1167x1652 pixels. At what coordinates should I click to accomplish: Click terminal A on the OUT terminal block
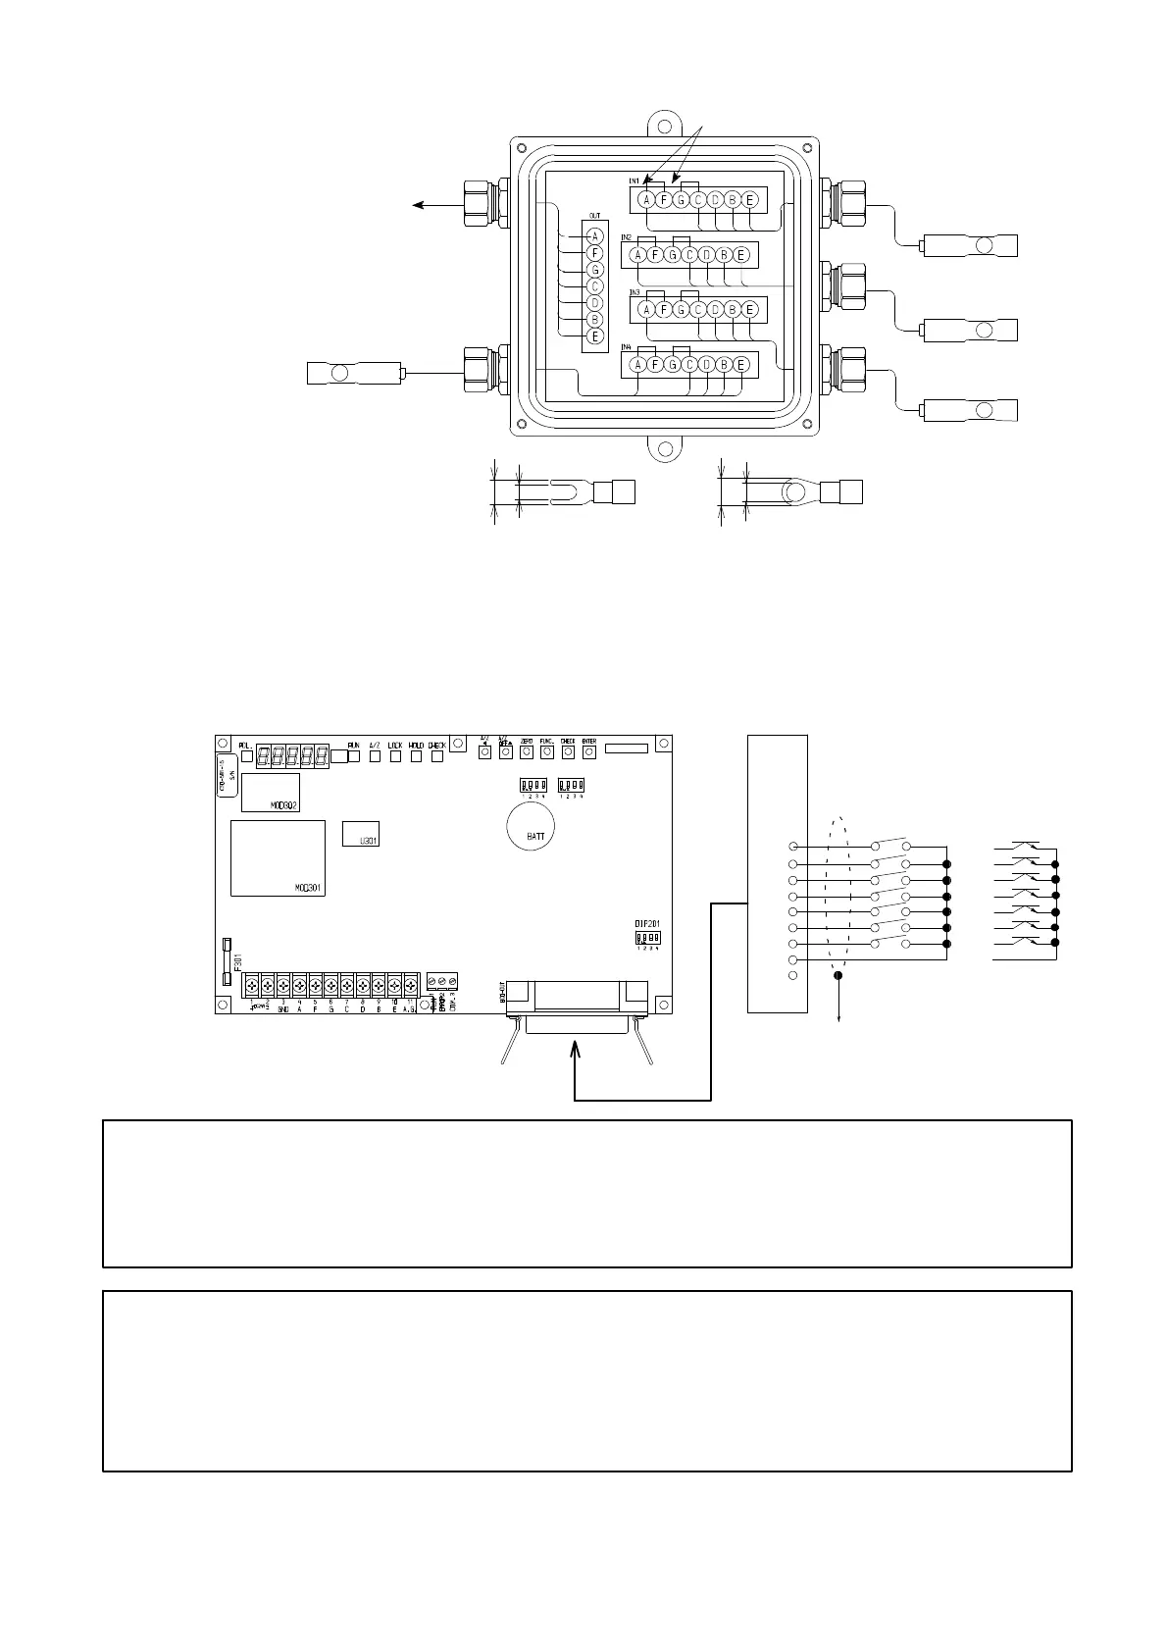pos(594,236)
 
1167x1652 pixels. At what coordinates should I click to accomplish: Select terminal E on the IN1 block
pos(749,200)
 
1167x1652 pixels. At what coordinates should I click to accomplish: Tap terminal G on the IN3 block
pos(681,310)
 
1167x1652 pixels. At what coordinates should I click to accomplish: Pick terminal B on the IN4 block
pos(724,365)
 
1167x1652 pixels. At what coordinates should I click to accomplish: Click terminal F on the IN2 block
pos(655,255)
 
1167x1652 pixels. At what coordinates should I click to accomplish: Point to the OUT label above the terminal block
pos(594,216)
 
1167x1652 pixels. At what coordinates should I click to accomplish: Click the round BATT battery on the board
pos(531,830)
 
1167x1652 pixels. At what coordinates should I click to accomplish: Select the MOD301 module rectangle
pos(278,858)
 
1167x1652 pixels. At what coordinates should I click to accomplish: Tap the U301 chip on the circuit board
pos(360,834)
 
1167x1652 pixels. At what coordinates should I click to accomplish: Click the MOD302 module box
pos(270,793)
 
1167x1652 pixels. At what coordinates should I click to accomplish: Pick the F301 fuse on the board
pos(228,959)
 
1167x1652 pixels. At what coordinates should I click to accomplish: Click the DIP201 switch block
pos(646,938)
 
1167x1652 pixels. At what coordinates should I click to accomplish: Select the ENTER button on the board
pos(589,752)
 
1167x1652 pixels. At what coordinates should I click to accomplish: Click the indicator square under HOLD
pos(417,756)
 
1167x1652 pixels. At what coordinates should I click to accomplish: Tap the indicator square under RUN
pos(354,756)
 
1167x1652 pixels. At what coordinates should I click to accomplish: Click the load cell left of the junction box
pos(354,373)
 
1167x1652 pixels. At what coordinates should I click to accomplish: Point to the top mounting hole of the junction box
pos(665,127)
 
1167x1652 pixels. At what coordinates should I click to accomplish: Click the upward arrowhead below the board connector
pos(575,1053)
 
